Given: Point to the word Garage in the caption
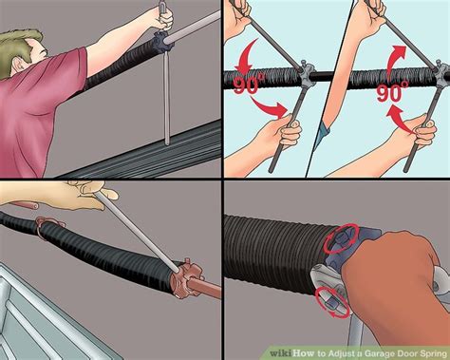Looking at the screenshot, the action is [377, 353].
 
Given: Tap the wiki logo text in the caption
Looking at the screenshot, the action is [281, 353].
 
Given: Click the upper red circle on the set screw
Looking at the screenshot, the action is [341, 238].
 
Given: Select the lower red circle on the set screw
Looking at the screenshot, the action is [333, 302].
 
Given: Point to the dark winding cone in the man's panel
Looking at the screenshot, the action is [163, 41].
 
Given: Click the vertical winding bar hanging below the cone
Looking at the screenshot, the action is [167, 98].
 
